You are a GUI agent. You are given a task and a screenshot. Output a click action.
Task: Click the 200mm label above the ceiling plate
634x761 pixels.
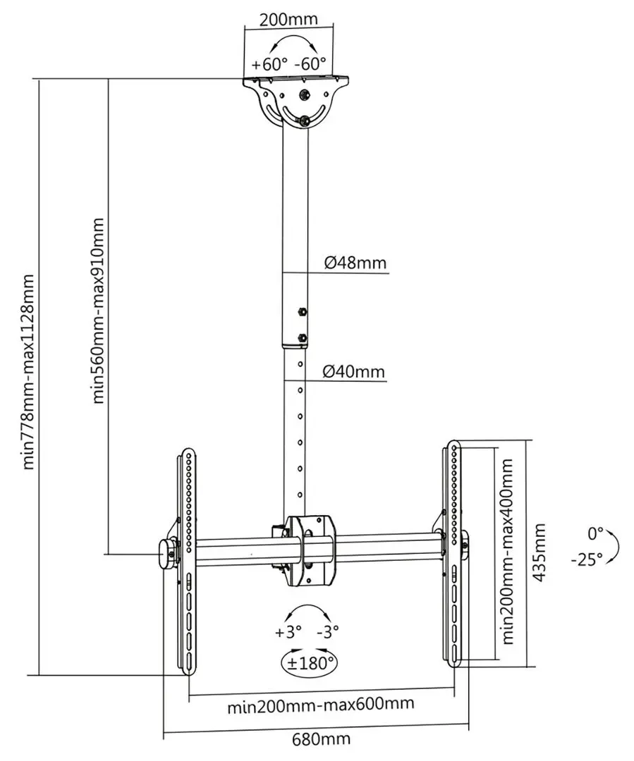pyautogui.click(x=288, y=19)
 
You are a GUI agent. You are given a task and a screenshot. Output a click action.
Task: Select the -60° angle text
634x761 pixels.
pyautogui.click(x=310, y=63)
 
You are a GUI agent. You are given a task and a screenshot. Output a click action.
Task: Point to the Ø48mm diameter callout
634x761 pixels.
pyautogui.click(x=355, y=263)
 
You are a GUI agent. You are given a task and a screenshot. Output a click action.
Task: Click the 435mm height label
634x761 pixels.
pyautogui.click(x=539, y=552)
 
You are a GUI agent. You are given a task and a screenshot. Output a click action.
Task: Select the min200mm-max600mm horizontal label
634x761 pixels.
pyautogui.click(x=320, y=705)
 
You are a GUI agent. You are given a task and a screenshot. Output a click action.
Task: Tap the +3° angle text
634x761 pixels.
pyautogui.click(x=288, y=632)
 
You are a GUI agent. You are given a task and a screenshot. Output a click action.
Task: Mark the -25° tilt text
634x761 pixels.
pyautogui.click(x=587, y=561)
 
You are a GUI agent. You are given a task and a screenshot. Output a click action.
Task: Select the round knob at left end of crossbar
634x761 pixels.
pyautogui.click(x=167, y=554)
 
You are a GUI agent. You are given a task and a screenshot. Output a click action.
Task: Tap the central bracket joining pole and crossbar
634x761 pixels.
pyautogui.click(x=311, y=551)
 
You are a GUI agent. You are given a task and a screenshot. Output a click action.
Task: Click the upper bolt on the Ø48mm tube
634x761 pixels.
pyautogui.click(x=303, y=311)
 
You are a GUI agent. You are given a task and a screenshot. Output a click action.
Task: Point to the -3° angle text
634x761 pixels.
pyautogui.click(x=327, y=632)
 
